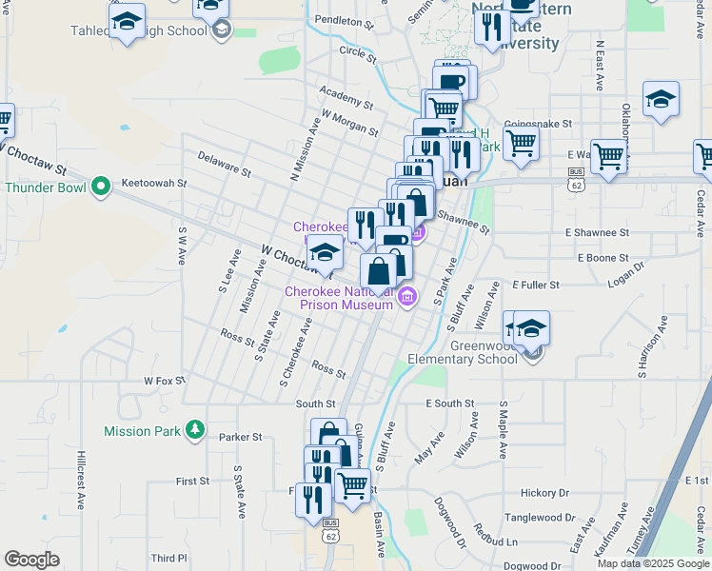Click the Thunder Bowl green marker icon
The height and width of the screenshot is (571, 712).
coord(101,187)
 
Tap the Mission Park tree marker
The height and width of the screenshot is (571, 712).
coord(195,431)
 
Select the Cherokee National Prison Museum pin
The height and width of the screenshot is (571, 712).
coord(407,297)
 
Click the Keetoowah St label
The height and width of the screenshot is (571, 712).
coord(155,182)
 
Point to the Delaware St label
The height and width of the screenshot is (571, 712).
coord(223,167)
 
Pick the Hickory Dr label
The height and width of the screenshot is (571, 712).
coord(544,493)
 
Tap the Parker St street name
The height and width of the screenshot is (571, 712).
coord(240,438)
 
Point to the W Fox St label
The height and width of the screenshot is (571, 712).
coord(165,381)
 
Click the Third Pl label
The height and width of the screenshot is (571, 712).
coord(169,558)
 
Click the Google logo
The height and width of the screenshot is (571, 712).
coord(31,560)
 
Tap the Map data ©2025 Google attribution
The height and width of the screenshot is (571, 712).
coord(652,563)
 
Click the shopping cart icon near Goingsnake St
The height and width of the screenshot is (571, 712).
coord(520,142)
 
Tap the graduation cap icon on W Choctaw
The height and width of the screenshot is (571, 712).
coord(325,252)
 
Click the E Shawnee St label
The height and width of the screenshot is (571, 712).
coord(597,232)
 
